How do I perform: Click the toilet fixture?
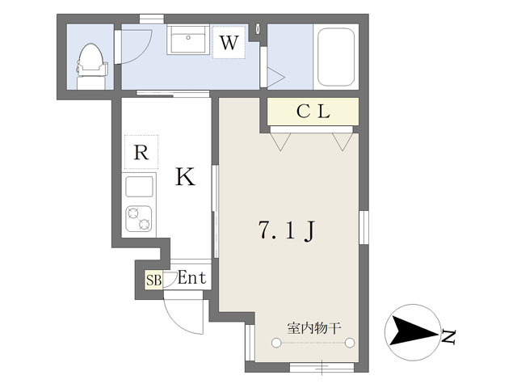(92, 66)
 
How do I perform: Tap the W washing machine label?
(229, 43)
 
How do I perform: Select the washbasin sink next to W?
(188, 40)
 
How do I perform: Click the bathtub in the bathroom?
(336, 57)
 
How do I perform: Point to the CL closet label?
(313, 112)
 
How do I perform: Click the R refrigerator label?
(141, 152)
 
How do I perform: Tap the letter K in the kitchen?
(185, 177)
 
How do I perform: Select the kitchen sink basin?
(139, 187)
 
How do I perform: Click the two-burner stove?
(139, 218)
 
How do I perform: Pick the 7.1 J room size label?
(288, 230)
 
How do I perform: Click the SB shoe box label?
(154, 280)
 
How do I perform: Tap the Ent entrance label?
(192, 278)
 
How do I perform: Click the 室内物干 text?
(313, 328)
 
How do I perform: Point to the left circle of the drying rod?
(276, 343)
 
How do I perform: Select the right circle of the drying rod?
(350, 343)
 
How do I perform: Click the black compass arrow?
(413, 332)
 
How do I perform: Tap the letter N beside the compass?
(448, 336)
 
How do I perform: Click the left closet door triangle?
(280, 142)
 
